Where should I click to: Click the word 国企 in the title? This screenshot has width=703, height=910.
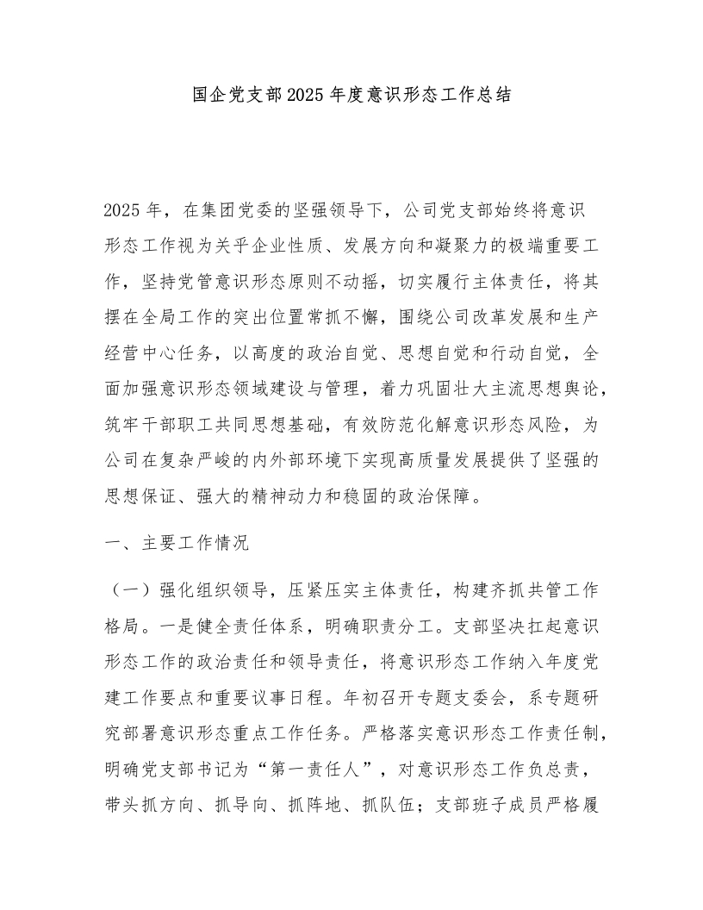tap(208, 95)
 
